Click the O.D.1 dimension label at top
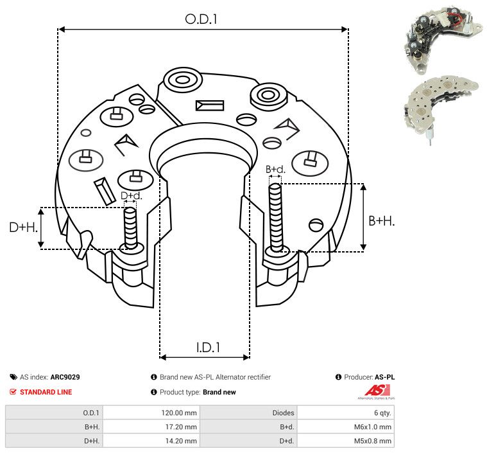tap(201, 19)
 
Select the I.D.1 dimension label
tap(208, 348)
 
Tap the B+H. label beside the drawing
tap(381, 220)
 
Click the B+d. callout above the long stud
tap(275, 169)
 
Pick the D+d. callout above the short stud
tap(131, 195)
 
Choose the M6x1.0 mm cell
tap(373, 427)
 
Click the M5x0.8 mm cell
tap(373, 441)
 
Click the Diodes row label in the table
tap(282, 413)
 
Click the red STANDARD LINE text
tap(46, 392)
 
